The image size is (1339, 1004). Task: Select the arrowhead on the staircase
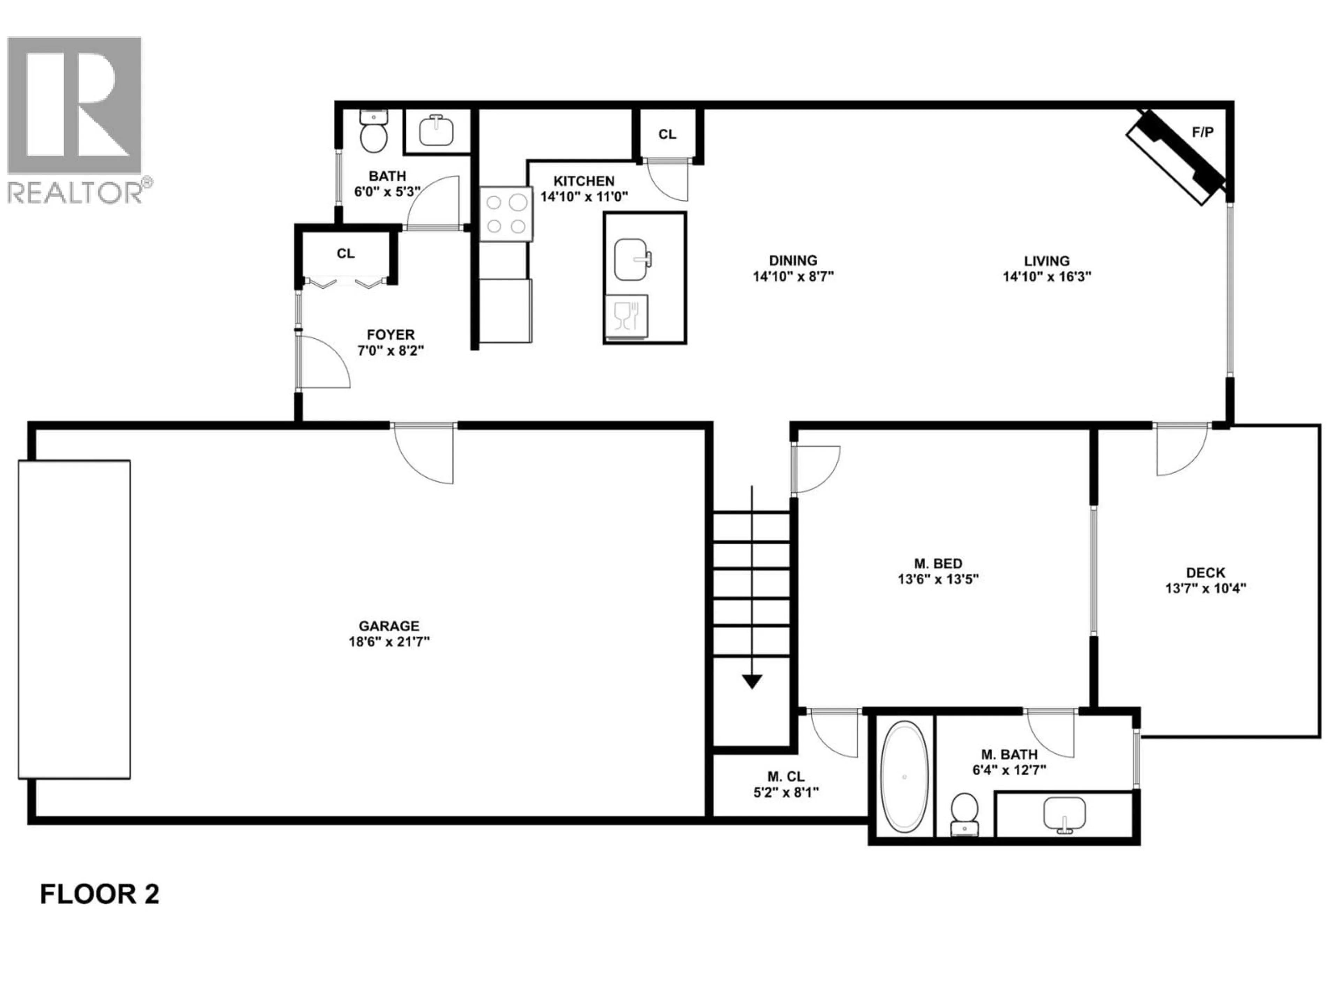(752, 682)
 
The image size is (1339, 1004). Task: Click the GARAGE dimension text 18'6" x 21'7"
(389, 641)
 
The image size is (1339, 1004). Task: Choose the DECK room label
(1205, 572)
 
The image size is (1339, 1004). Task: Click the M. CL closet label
(786, 776)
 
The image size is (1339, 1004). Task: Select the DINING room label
(793, 260)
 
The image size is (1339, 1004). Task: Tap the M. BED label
(938, 563)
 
